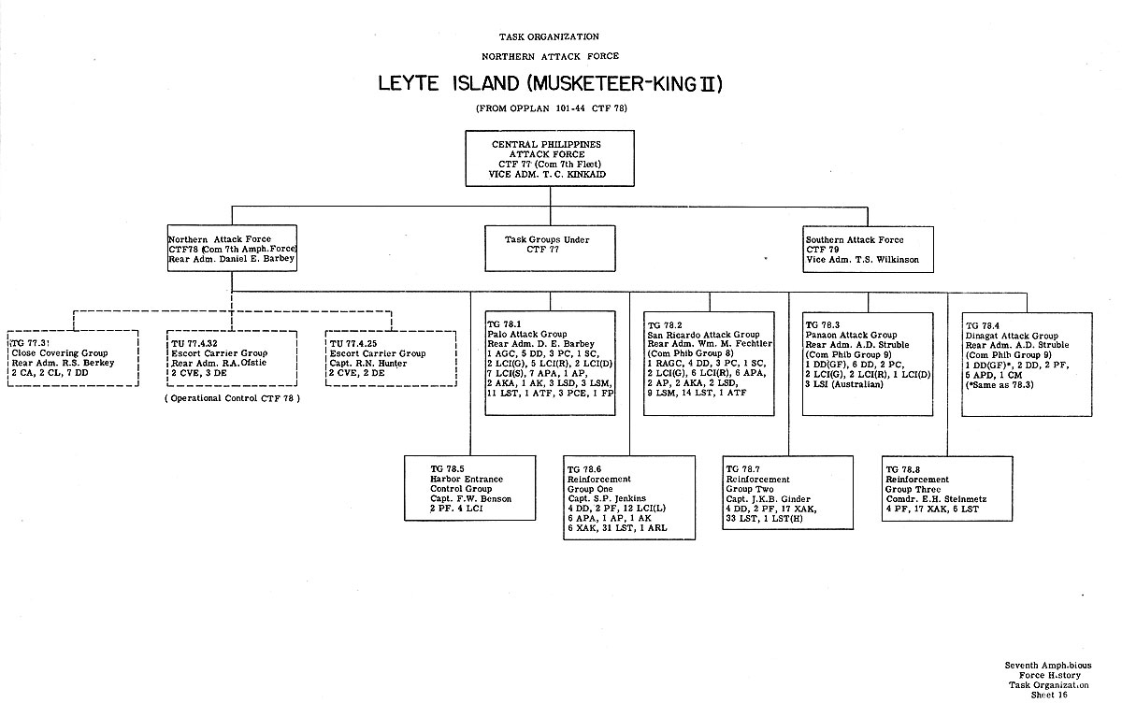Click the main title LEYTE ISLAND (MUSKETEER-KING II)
pyautogui.click(x=551, y=84)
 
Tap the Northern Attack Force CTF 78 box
pyautogui.click(x=232, y=248)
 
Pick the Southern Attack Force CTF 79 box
pyautogui.click(x=868, y=248)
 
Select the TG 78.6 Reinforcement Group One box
pyautogui.click(x=628, y=497)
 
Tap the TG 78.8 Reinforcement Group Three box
pyautogui.click(x=946, y=487)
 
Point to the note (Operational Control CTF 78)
pyautogui.click(x=233, y=399)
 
